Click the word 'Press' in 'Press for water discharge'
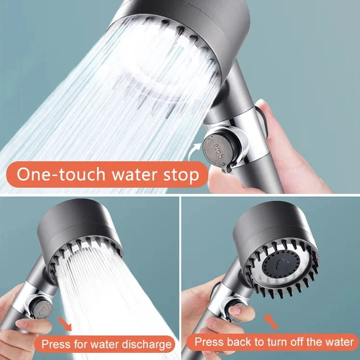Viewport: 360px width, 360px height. click(x=54, y=344)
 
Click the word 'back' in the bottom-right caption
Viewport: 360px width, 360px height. click(x=237, y=342)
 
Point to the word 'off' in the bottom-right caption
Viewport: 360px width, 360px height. click(x=306, y=342)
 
